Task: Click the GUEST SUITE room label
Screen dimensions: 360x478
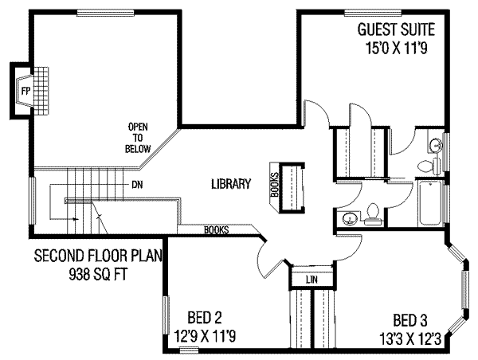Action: [395, 30]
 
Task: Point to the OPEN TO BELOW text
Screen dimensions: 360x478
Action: [137, 137]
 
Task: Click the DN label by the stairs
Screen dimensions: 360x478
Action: [137, 184]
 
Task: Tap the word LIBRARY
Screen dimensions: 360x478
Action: [231, 184]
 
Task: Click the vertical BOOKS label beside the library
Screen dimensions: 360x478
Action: [273, 185]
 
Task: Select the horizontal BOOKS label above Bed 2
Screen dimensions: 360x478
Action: [217, 230]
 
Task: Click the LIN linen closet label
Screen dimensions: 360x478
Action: [311, 279]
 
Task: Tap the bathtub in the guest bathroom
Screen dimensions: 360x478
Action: [430, 203]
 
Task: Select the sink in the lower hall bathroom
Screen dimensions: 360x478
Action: [347, 217]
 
